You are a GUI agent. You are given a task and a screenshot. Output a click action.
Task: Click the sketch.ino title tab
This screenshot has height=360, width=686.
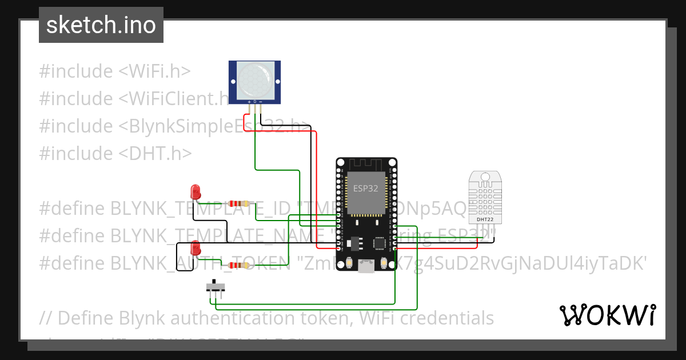coord(101,25)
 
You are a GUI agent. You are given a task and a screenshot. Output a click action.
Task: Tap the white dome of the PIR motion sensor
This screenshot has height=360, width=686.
coord(254,79)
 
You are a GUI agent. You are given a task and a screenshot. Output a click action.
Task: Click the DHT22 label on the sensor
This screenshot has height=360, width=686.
coord(485,219)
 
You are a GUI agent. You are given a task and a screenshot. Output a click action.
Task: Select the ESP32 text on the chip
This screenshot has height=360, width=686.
coord(365,189)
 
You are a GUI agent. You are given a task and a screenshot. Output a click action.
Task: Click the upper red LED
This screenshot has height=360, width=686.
coord(196,191)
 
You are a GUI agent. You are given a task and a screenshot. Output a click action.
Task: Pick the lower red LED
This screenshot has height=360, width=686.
coord(196,248)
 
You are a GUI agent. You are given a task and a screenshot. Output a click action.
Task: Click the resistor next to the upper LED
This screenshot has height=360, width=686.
coord(238,203)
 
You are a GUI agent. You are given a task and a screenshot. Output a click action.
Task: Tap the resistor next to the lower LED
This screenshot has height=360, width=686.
coord(238,265)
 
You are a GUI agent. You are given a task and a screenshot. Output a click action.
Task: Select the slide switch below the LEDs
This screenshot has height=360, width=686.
coord(215,286)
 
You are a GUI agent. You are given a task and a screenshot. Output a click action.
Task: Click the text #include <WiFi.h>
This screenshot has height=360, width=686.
coord(115,71)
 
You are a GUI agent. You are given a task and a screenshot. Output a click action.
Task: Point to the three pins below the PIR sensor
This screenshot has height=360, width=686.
coord(255,106)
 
